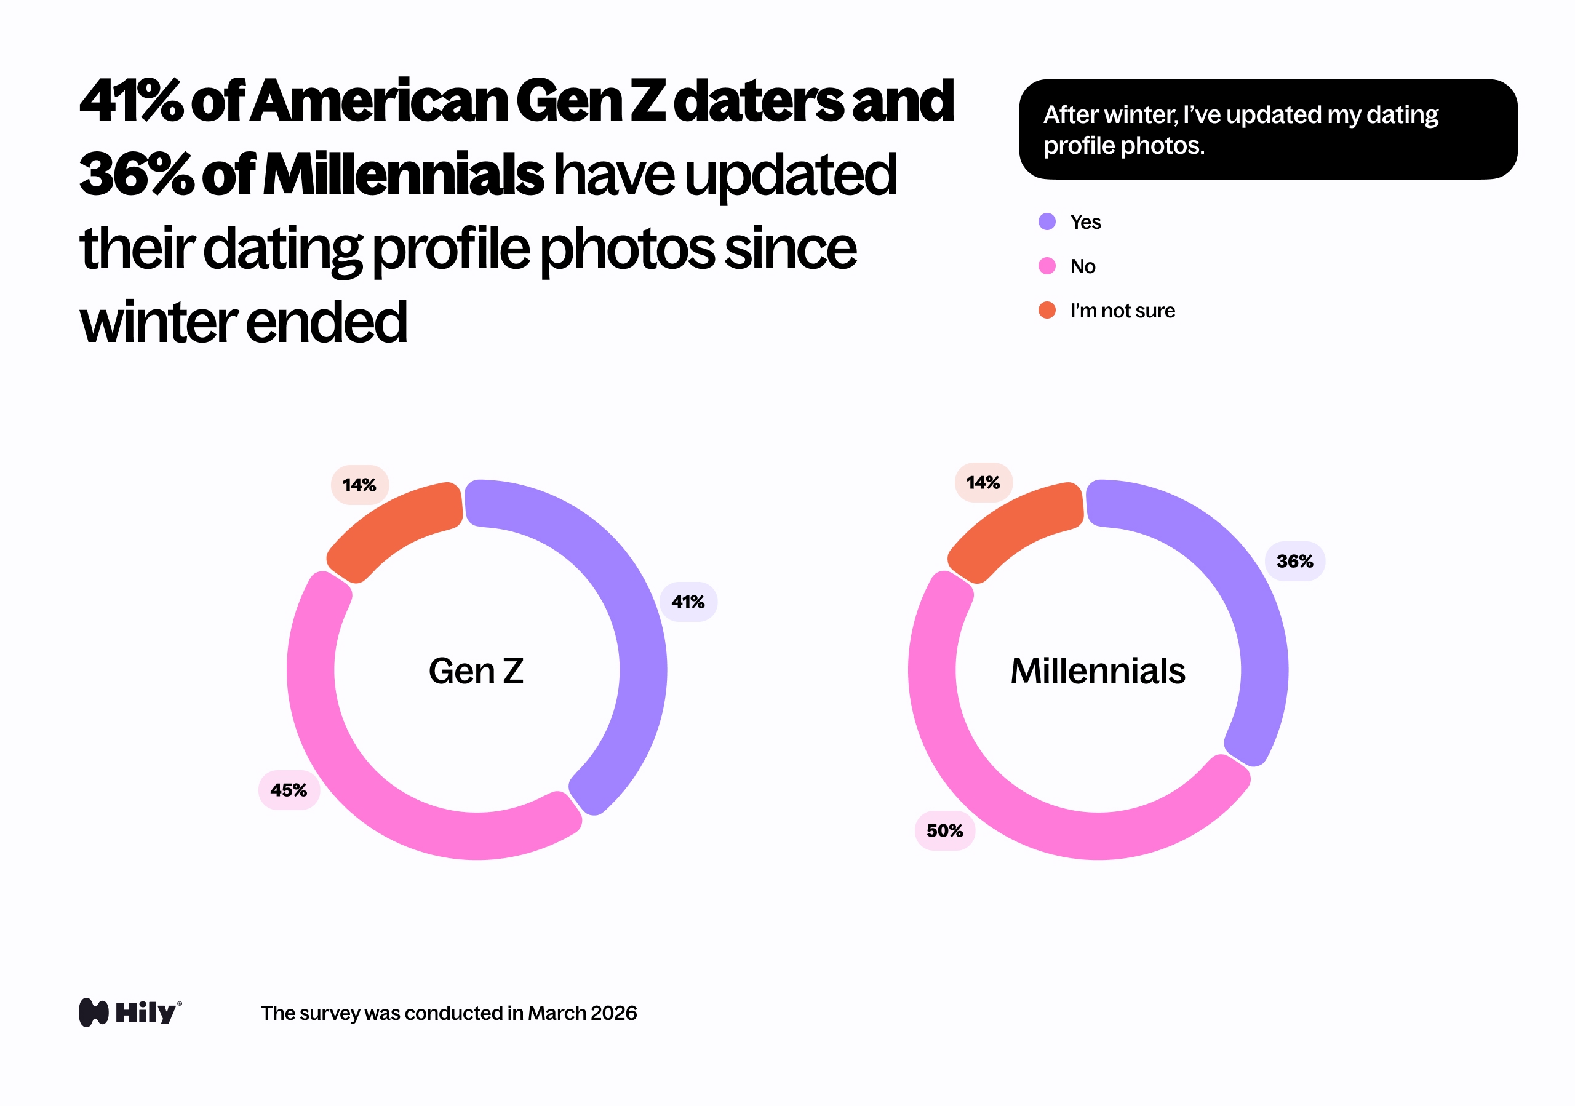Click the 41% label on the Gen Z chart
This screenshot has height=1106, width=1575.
(x=688, y=602)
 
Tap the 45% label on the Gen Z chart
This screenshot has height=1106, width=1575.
(x=289, y=790)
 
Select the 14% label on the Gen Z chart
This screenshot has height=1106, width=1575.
(x=359, y=485)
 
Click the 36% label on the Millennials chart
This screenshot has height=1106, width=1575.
(x=1294, y=562)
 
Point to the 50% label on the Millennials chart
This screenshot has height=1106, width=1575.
(x=944, y=830)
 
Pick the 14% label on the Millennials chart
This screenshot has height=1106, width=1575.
(x=983, y=483)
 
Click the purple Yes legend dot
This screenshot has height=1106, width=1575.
(x=1047, y=221)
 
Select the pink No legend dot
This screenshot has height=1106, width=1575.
(x=1047, y=266)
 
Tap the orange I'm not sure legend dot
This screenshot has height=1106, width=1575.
(x=1047, y=311)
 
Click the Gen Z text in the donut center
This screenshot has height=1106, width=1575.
(x=476, y=670)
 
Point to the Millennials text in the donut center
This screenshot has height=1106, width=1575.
(x=1098, y=670)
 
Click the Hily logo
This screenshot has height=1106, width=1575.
(x=130, y=1012)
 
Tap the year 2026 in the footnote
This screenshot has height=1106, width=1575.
(x=613, y=1013)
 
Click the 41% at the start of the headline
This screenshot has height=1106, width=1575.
(x=130, y=101)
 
